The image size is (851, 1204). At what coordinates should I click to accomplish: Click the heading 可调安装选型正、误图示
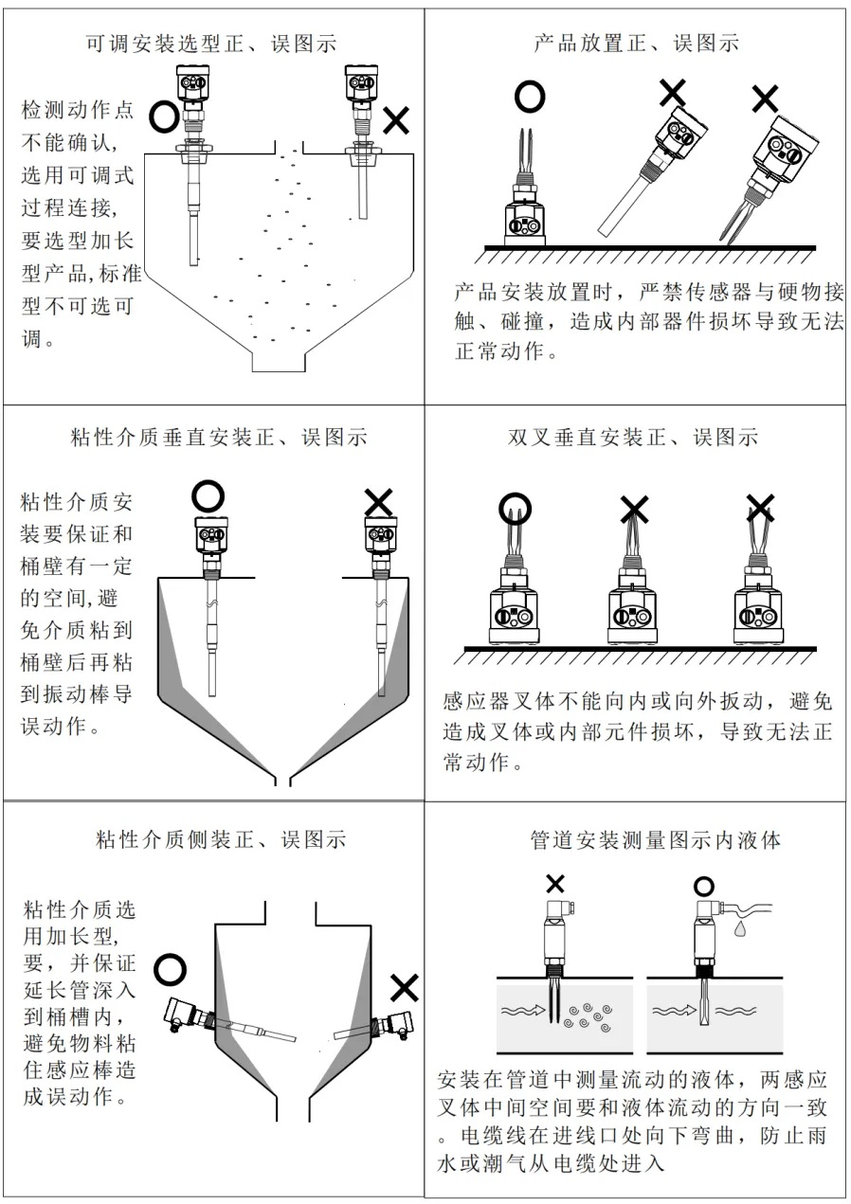210,43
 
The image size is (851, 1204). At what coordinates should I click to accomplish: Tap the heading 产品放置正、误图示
636,43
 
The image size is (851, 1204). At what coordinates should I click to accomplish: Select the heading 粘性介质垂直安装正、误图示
219,438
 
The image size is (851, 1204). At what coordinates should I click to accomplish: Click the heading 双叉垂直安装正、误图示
633,438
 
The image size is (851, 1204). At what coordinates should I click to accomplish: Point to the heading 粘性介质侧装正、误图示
221,839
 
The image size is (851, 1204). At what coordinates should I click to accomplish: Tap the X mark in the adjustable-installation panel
396,119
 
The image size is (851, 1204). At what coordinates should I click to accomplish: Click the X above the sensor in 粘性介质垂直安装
379,500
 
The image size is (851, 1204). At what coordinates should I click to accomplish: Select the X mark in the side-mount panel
405,988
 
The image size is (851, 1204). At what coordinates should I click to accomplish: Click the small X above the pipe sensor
555,884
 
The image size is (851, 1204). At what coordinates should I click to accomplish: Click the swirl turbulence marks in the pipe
586,1014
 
